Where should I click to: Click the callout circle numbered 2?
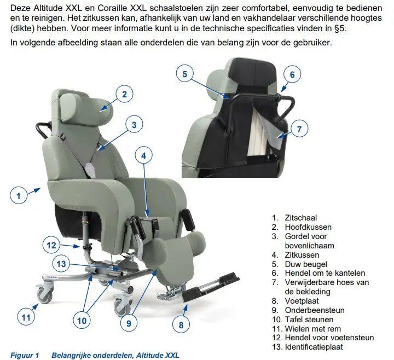[124, 94]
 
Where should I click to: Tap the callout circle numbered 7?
[299, 130]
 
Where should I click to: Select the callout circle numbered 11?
[25, 316]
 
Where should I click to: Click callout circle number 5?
[185, 74]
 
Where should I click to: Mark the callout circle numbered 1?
[18, 195]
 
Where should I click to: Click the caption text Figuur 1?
[25, 355]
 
